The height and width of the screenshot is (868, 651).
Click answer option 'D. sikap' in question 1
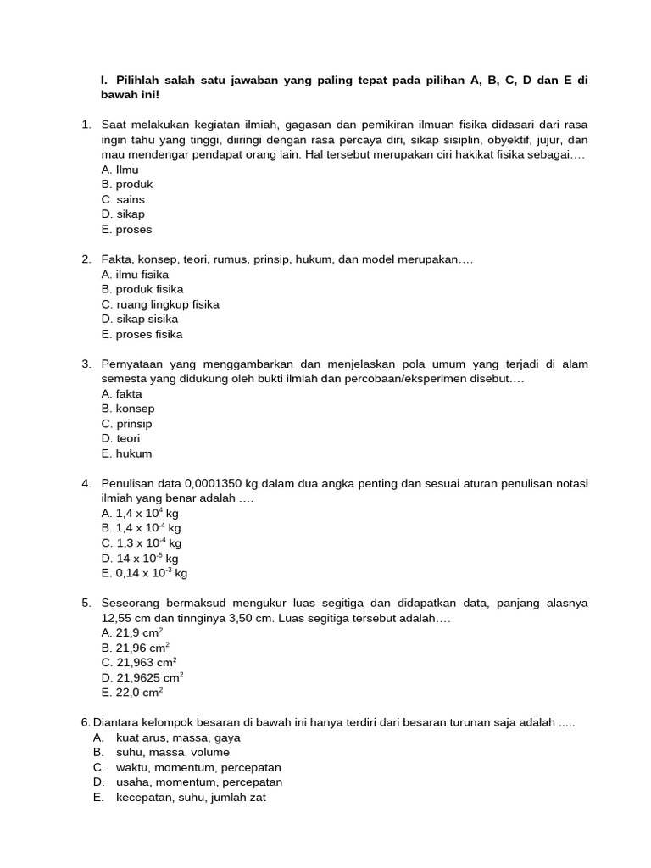coord(123,214)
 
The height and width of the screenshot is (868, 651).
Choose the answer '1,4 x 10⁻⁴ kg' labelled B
coord(141,528)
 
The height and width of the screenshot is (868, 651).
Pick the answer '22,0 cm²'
coord(132,693)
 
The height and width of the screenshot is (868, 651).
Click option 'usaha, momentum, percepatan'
coord(199,782)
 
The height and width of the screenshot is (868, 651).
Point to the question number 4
coord(86,483)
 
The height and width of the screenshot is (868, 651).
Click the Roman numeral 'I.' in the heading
coord(104,81)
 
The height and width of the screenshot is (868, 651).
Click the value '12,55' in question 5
coord(115,619)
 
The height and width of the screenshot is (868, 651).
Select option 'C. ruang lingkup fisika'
coord(159,304)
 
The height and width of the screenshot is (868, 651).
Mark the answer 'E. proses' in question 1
coord(126,230)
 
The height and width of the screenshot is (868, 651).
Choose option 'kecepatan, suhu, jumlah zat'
coord(191,798)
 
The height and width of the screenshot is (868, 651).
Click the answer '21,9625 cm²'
coord(142,677)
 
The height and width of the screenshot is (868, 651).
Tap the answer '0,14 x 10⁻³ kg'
coord(144,573)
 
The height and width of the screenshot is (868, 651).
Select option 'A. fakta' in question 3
coord(121,394)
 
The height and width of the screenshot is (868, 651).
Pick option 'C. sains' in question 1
coord(123,199)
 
